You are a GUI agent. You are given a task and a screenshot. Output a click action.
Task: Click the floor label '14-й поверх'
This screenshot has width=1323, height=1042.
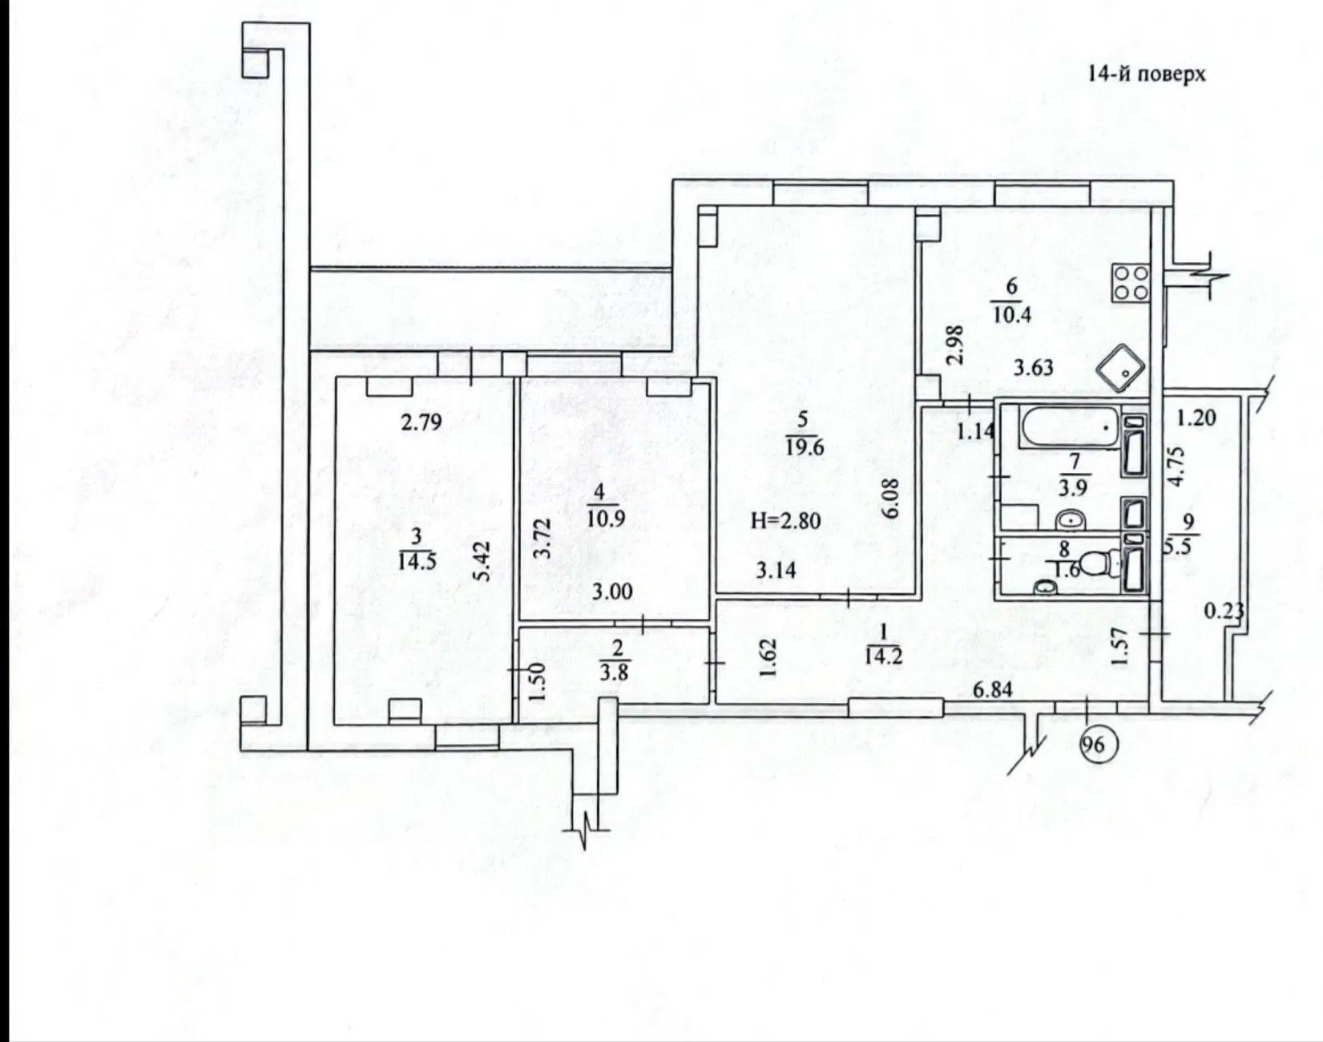point(1146,75)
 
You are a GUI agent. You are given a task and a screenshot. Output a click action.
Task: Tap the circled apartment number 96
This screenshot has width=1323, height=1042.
point(1093,745)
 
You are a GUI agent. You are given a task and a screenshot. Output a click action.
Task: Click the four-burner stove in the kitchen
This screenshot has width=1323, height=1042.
point(1131,282)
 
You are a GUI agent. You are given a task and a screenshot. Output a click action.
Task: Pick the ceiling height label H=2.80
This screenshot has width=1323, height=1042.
point(785,520)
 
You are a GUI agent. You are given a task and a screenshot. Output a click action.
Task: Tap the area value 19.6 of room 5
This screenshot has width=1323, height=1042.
point(805,447)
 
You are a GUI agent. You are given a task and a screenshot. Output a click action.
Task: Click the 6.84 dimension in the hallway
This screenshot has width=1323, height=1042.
point(992,689)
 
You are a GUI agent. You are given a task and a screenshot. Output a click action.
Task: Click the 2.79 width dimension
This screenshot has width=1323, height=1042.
point(421,422)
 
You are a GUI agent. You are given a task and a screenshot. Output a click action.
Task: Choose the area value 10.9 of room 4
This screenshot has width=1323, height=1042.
point(606,519)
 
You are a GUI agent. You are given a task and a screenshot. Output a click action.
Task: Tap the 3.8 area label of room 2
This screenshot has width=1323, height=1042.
point(614,673)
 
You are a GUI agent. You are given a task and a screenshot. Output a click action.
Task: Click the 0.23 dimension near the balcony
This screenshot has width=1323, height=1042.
point(1224,612)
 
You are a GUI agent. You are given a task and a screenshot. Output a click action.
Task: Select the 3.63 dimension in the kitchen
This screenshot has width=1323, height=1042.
point(1033,369)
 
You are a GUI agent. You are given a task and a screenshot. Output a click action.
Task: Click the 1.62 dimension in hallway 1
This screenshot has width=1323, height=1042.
point(769,658)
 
